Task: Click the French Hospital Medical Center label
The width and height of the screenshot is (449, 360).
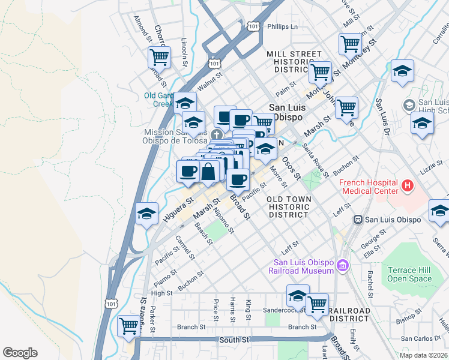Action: [x=369, y=187]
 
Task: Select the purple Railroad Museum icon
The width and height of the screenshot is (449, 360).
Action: [x=342, y=265]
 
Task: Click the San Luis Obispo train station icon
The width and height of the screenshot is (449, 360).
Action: [x=359, y=220]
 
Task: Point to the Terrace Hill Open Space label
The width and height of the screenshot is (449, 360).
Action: [x=409, y=274]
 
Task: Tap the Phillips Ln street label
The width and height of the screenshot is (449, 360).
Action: [x=282, y=27]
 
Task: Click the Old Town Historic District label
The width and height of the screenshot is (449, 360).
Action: [x=289, y=206]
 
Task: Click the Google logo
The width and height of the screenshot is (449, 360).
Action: [x=20, y=352]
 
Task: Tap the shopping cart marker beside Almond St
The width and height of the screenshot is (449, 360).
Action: [x=159, y=58]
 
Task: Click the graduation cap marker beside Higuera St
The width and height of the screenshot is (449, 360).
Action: [x=147, y=214]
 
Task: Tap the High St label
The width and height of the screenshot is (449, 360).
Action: [x=161, y=293]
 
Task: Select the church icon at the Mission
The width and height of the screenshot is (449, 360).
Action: [x=220, y=134]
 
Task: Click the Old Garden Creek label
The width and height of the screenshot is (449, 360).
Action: [x=158, y=100]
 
